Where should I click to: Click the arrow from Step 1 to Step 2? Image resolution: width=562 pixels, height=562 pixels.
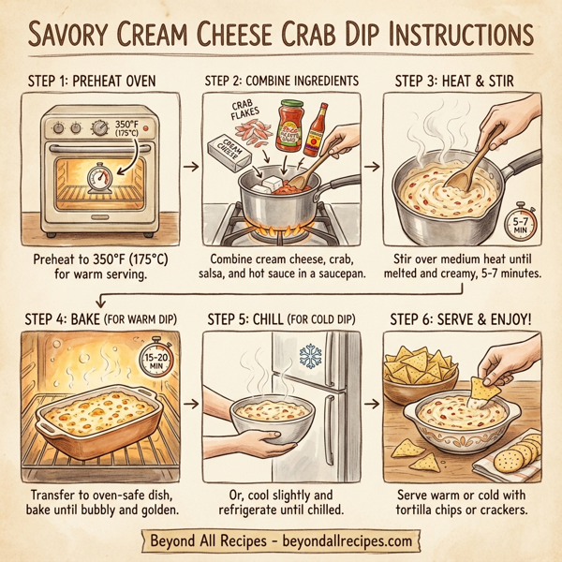pyautogui.click(x=188, y=167)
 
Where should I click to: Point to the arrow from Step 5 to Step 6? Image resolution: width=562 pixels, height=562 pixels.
pyautogui.click(x=372, y=405)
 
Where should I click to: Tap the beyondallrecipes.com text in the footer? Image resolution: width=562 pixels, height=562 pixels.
pyautogui.click(x=355, y=541)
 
